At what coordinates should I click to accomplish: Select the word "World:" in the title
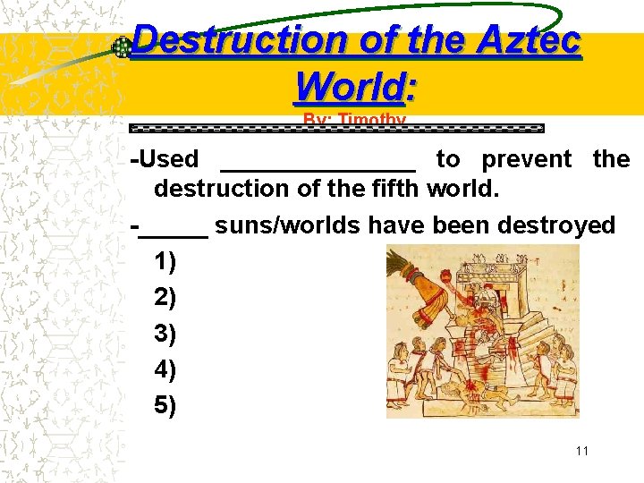pyautogui.click(x=356, y=87)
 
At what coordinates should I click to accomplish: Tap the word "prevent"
pyautogui.click(x=526, y=159)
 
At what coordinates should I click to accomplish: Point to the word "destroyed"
pyautogui.click(x=556, y=225)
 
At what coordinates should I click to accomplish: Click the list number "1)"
pyautogui.click(x=165, y=261)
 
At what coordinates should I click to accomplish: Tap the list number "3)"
pyautogui.click(x=165, y=334)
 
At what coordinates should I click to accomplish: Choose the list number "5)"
pyautogui.click(x=165, y=405)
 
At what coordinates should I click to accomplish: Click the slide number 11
pyautogui.click(x=582, y=451)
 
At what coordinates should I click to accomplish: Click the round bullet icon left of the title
pyautogui.click(x=121, y=48)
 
